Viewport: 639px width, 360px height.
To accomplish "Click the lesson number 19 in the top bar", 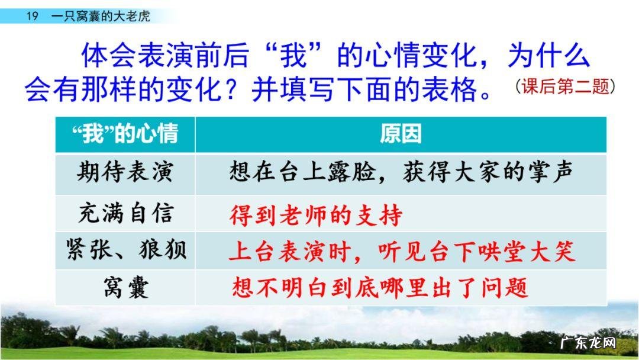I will (33, 16).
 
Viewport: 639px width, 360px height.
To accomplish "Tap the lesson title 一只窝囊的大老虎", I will (101, 16).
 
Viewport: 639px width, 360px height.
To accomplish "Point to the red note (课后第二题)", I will (564, 87).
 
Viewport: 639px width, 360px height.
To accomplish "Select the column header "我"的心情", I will (125, 134).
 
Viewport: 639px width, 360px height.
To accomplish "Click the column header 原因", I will (401, 134).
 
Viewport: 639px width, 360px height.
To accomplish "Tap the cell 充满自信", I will (125, 214).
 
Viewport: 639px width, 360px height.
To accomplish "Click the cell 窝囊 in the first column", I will (125, 288).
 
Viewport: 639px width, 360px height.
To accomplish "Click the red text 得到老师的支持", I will (315, 214).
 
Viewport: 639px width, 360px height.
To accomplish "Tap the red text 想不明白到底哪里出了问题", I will (379, 288).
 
